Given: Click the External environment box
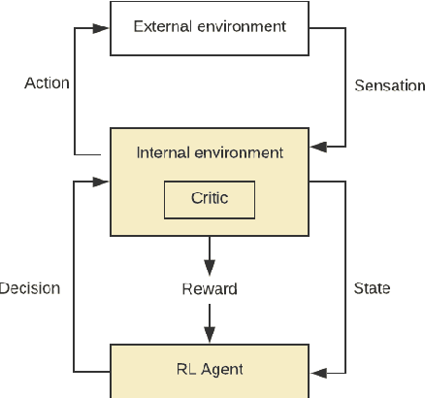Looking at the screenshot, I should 210,27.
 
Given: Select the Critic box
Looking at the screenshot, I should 210,199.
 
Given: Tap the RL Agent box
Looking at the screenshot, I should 210,371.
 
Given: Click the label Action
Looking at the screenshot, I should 47,83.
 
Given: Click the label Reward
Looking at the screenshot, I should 210,289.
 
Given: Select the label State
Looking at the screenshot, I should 372,288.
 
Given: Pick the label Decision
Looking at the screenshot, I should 30,288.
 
